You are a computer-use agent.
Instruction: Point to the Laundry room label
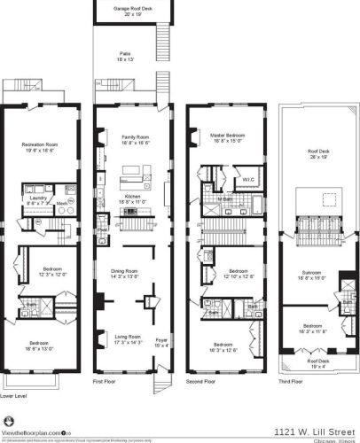pos(36,199)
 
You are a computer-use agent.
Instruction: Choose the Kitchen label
pos(128,198)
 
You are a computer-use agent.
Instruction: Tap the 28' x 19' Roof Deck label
pos(317,153)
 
